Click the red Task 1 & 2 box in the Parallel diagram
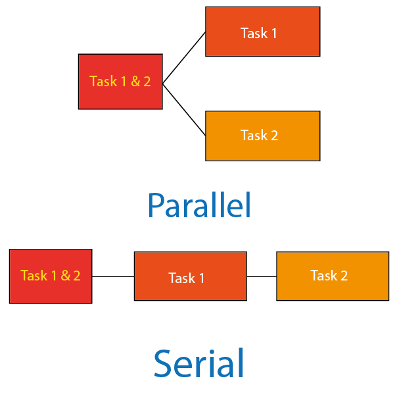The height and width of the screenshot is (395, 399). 120,82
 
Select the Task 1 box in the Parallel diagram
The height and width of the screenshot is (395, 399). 262,32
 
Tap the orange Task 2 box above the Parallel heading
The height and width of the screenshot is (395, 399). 262,136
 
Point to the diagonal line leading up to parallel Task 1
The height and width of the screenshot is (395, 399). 184,57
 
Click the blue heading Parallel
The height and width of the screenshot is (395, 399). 199,205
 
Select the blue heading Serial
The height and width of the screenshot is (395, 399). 199,363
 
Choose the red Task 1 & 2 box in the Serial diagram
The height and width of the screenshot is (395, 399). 51,276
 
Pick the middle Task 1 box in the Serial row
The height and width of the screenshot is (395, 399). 190,276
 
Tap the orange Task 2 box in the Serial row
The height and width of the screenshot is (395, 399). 332,276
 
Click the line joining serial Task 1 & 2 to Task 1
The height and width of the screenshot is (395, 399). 113,276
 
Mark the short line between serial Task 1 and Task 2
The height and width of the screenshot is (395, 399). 261,276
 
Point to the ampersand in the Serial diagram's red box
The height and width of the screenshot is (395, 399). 66,276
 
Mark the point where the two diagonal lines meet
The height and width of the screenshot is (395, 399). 163,83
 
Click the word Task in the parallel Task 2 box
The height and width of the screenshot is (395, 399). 253,136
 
